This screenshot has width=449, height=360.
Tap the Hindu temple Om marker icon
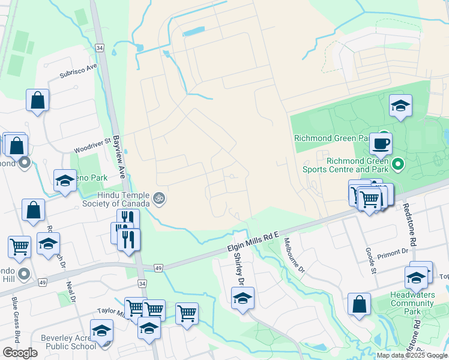(158, 197)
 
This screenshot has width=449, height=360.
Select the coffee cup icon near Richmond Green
(381, 144)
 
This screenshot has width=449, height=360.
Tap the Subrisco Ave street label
(78, 71)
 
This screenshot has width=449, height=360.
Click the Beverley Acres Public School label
(68, 342)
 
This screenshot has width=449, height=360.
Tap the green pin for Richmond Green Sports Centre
(397, 163)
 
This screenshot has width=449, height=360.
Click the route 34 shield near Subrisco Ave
(100, 47)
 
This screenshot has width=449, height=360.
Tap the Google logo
(20, 353)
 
